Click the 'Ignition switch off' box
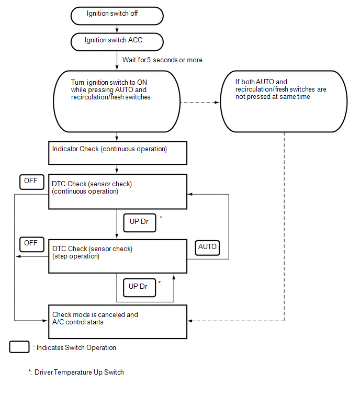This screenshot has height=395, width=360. [117, 16]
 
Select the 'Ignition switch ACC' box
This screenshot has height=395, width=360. [117, 42]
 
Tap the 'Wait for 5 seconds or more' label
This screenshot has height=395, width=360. [163, 60]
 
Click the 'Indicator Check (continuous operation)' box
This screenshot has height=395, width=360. [118, 153]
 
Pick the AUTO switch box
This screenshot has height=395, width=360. [207, 247]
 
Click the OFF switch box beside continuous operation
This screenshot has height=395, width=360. [32, 182]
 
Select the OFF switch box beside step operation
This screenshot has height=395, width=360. [32, 244]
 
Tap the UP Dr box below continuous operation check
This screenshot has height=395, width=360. [140, 223]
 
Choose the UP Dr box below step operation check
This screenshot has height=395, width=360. [139, 287]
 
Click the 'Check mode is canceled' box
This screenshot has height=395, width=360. [118, 322]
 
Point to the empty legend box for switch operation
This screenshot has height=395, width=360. [19, 347]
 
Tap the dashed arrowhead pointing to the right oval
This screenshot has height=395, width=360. [217, 102]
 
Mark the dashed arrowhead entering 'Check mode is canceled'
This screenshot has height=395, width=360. [190, 321]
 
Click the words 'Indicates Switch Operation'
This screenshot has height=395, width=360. [76, 347]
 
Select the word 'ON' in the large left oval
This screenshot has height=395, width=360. [142, 82]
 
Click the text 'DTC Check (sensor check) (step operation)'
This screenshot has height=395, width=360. [92, 252]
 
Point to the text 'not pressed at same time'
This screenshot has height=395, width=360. [273, 97]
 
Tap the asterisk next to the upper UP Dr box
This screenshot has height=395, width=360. [161, 218]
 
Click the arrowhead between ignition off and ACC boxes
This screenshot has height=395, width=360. [117, 30]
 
